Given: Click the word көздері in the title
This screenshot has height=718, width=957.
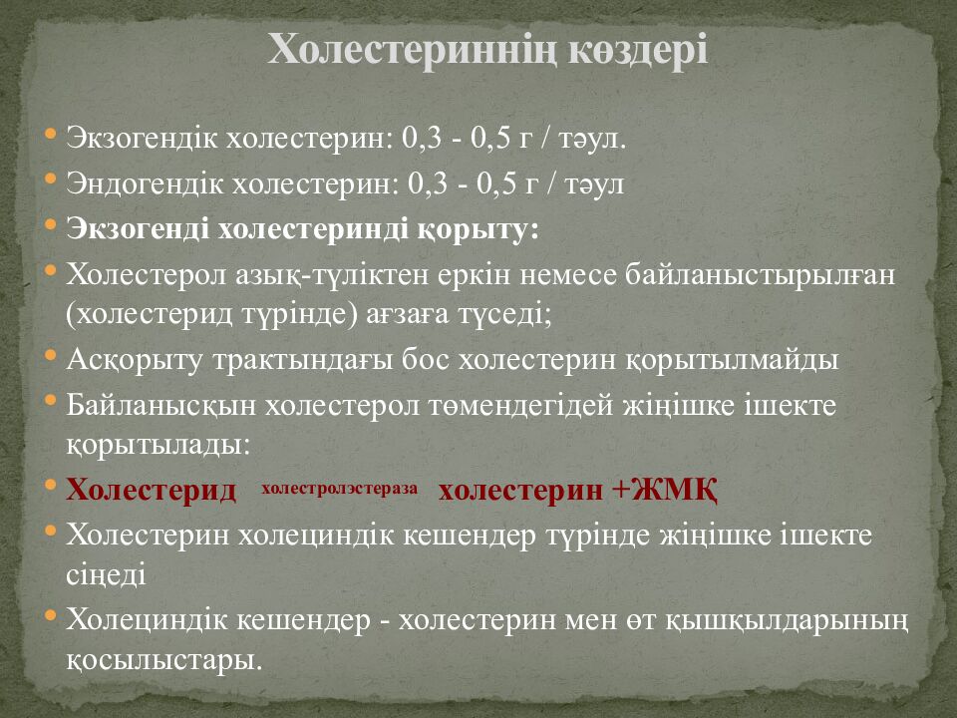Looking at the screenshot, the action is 638,49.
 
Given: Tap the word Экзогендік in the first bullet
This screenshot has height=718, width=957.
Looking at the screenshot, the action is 141,138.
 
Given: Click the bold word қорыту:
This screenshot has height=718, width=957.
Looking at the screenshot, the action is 478,230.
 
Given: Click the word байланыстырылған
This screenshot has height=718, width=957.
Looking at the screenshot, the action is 760,275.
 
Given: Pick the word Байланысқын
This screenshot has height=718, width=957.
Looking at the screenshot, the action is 160,406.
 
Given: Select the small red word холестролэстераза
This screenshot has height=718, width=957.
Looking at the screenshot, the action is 339,488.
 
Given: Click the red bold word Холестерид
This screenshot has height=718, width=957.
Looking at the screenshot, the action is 152,490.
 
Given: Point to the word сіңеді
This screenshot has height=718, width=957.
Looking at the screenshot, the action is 107,575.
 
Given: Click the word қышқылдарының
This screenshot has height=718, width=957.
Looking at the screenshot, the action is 785,620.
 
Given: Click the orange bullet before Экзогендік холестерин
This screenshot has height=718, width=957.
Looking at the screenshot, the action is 51,134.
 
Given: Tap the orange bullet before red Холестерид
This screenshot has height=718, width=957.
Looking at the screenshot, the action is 51,485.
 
